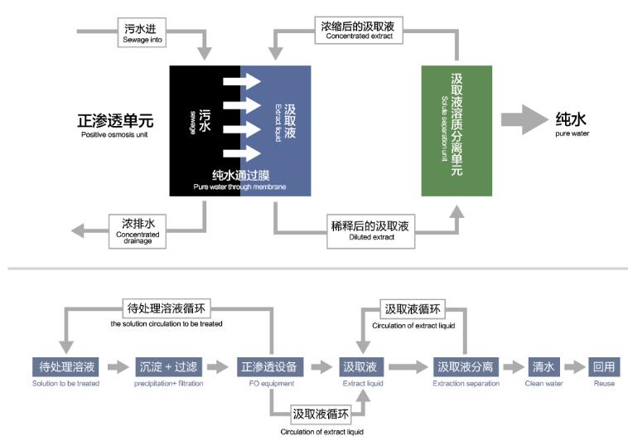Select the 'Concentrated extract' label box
360,31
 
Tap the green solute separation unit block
456,130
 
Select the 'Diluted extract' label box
371,230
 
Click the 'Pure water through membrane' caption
240,179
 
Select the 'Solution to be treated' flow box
67,366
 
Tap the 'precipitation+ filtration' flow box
168,366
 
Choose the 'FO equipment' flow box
271,366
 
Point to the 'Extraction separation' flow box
466,366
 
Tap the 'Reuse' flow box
604,366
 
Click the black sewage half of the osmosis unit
205,130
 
